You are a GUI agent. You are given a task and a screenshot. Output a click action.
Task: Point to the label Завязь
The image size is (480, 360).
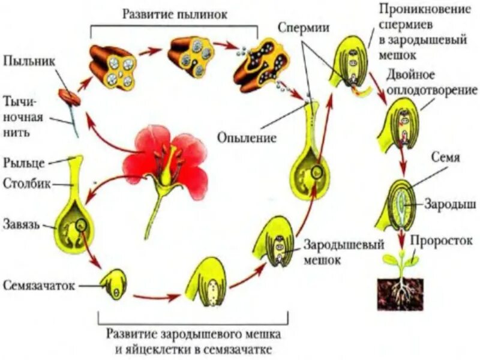(22, 225)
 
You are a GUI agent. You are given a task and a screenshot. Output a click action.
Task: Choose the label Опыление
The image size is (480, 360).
(247, 138)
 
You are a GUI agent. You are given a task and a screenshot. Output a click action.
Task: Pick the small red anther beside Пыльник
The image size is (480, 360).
(68, 97)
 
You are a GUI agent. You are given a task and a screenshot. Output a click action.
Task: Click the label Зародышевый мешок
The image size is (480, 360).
(334, 253)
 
